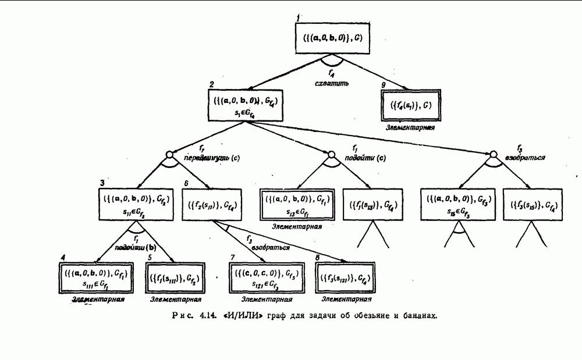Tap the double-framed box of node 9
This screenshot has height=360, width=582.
pyautogui.click(x=410, y=105)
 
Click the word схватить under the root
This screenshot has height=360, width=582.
pyautogui.click(x=332, y=83)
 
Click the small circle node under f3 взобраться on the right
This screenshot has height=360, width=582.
pyautogui.click(x=492, y=154)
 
